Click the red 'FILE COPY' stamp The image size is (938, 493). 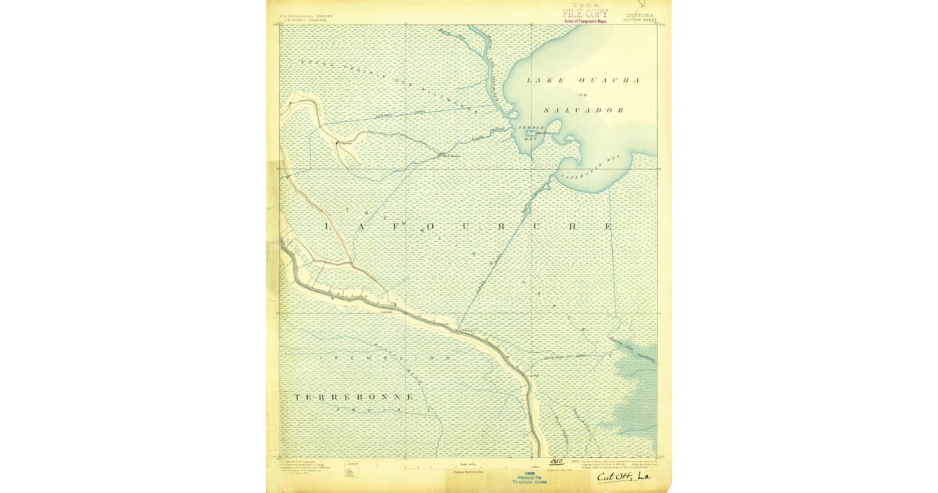585,13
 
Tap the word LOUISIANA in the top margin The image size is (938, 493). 639,14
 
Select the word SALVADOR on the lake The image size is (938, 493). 584,110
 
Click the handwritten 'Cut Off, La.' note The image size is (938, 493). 624,477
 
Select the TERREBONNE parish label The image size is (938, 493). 353,398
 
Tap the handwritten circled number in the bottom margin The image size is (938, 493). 557,462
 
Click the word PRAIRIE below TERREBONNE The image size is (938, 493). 383,411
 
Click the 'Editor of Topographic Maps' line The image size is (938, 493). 585,21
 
